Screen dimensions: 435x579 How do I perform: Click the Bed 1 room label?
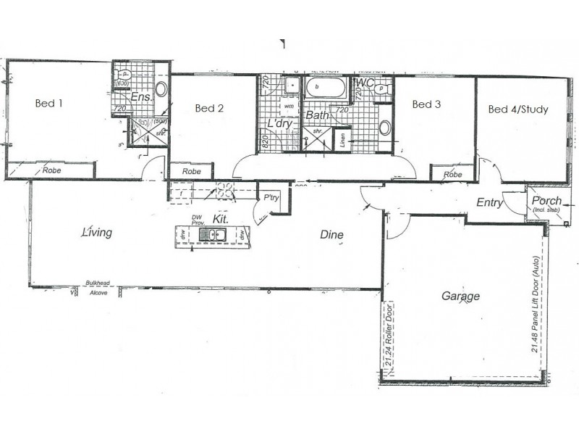click(49, 103)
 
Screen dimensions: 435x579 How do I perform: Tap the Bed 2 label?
click(209, 109)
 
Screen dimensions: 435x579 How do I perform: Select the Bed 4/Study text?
click(518, 109)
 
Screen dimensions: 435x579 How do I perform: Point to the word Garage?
click(460, 296)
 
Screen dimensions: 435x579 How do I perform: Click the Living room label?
click(97, 233)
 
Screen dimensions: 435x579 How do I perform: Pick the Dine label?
click(332, 235)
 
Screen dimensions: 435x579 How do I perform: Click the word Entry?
click(489, 203)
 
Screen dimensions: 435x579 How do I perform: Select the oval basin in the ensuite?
click(161, 90)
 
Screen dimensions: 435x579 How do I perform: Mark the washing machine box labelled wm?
click(288, 107)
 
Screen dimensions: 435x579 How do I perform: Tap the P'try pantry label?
click(271, 197)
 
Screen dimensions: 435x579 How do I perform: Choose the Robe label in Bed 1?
click(51, 170)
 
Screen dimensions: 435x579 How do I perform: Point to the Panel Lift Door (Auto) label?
click(536, 304)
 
